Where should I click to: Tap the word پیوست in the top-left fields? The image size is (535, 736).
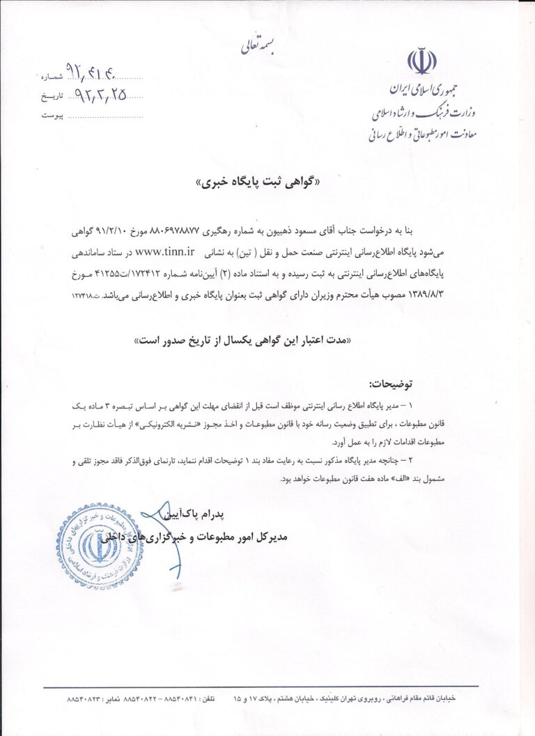pyautogui.click(x=52, y=115)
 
